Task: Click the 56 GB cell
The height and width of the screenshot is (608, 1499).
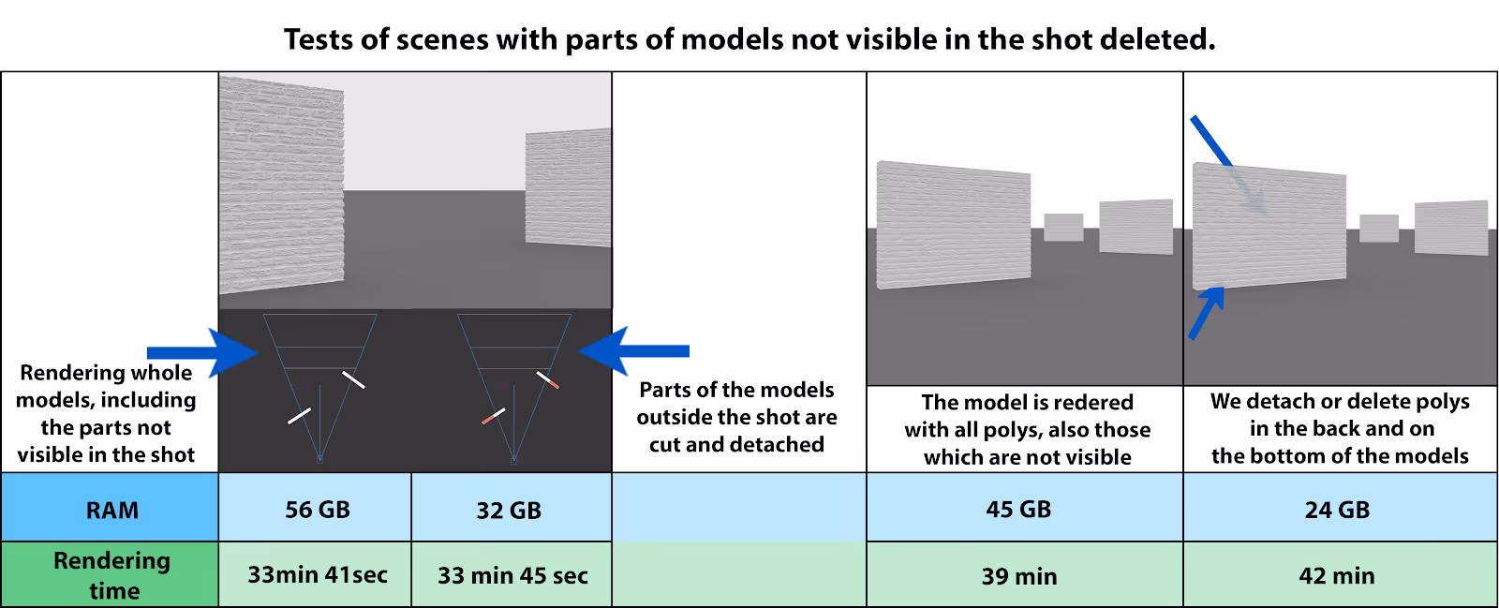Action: point(317,510)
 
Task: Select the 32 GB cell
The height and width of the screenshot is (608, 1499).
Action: point(509,511)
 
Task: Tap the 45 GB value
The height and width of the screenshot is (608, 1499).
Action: point(1018,510)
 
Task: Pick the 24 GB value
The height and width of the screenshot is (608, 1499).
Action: point(1337,510)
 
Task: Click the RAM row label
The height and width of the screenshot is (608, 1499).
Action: point(111,510)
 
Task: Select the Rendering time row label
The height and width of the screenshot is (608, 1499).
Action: point(112,575)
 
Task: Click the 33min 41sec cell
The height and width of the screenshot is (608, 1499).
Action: point(317,575)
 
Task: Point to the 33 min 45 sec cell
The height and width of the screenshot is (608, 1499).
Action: point(512,575)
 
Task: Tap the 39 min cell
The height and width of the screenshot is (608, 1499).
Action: point(1019,576)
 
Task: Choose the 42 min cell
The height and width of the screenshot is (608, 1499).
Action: point(1337,576)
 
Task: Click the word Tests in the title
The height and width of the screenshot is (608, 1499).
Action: point(319,39)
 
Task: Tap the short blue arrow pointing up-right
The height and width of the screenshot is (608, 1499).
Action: point(1207,312)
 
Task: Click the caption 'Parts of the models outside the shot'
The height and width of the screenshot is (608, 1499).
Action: point(737,417)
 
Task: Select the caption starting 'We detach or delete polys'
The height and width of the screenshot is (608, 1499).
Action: point(1340,428)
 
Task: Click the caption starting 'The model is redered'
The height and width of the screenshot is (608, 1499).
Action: point(1027,429)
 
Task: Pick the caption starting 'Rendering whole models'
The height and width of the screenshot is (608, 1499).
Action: point(107,413)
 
